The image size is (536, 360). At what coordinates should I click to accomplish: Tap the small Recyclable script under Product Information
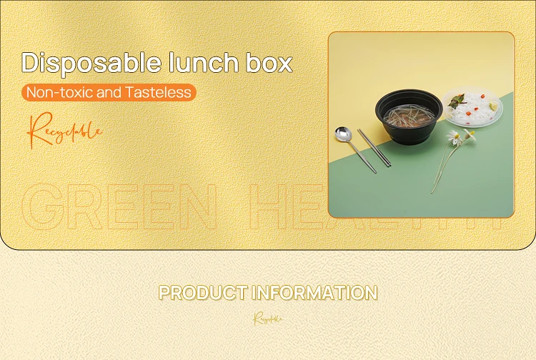point(268,319)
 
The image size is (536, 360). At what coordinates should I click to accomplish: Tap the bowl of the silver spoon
point(343,134)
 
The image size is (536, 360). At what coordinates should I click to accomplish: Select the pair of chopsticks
point(374,149)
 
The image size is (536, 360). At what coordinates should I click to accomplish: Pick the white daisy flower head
point(453,136)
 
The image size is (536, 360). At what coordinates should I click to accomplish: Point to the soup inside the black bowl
point(405,113)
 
